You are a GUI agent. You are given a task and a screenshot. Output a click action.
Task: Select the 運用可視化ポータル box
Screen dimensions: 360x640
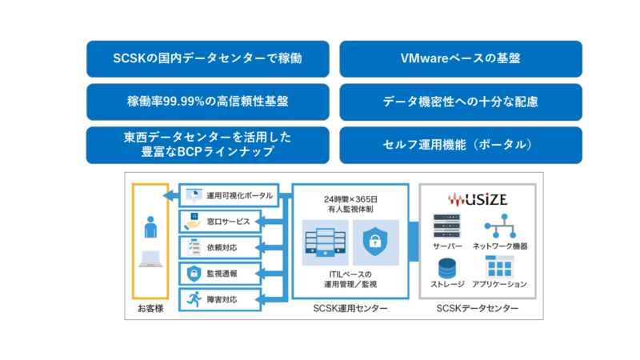(228, 195)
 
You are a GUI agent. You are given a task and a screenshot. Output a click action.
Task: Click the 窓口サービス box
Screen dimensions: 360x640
(220, 222)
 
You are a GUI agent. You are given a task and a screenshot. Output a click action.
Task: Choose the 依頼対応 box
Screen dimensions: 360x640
(220, 247)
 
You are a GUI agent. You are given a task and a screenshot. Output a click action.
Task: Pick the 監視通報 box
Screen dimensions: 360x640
(220, 274)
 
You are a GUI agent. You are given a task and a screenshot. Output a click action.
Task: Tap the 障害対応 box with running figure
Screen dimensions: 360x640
(220, 300)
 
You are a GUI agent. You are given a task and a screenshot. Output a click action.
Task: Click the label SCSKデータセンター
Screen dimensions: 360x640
(478, 309)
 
